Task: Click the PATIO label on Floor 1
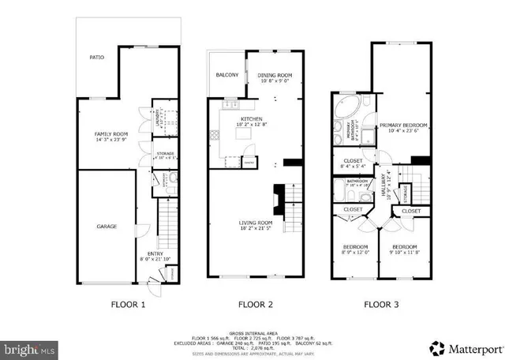pos(96,58)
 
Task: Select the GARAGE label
pos(107,227)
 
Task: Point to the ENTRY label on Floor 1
pos(150,255)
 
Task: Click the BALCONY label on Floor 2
pos(227,75)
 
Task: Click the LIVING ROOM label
pos(256,223)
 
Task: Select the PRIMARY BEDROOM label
pos(402,126)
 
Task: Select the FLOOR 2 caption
pos(256,304)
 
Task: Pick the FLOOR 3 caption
pos(381,304)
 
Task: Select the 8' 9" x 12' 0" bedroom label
pos(355,249)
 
